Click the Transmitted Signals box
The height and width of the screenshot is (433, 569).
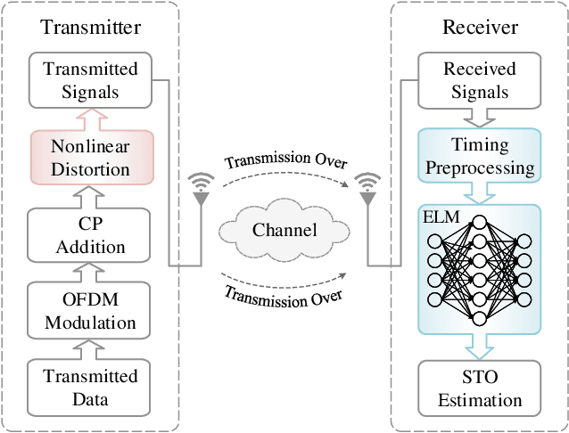tap(90, 79)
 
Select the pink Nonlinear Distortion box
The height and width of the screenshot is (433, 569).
tap(90, 156)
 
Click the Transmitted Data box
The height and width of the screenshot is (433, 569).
tap(90, 388)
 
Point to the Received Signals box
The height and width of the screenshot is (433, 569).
tap(476, 79)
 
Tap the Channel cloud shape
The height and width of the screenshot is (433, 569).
tap(284, 230)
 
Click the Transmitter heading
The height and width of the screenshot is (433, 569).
tap(90, 28)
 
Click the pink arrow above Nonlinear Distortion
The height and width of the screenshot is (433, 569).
tap(90, 118)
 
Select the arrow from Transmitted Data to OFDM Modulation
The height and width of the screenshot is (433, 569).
tap(90, 347)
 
